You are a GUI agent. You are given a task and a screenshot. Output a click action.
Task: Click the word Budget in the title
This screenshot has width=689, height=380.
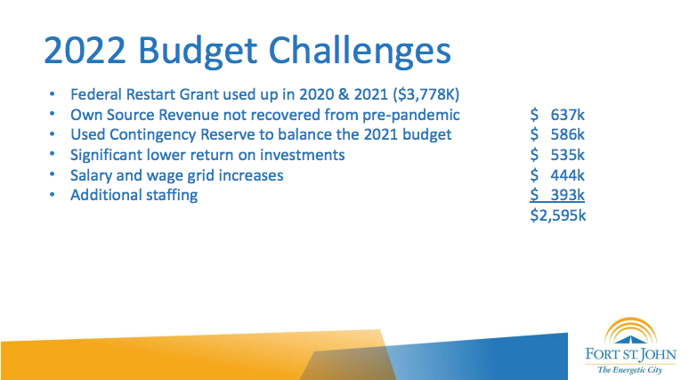point(198,52)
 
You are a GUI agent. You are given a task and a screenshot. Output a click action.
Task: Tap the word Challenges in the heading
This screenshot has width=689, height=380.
point(360,52)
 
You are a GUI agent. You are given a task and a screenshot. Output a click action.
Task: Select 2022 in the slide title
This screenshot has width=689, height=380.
point(85,50)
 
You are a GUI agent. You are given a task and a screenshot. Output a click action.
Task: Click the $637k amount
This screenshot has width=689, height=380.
point(557,115)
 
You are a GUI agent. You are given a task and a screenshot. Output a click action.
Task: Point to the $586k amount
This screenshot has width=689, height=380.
point(557,134)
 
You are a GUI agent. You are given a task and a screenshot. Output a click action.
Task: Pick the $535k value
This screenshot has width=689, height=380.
point(557,155)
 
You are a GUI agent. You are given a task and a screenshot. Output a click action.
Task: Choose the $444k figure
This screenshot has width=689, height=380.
point(557,175)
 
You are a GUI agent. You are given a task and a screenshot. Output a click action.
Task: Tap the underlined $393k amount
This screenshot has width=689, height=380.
point(557,195)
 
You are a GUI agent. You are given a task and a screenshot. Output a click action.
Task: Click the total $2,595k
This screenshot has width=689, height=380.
point(557,215)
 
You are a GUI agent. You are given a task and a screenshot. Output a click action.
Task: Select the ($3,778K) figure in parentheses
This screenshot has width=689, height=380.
point(426,94)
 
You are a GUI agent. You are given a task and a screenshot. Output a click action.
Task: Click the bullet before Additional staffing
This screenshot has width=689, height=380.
point(53,195)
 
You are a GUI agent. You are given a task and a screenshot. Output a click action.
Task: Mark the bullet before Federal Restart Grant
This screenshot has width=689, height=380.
point(53,94)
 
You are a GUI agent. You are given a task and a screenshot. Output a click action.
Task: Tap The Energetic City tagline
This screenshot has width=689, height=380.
point(629,370)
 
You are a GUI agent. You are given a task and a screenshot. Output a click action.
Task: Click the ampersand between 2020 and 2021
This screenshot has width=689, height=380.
point(344,94)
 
